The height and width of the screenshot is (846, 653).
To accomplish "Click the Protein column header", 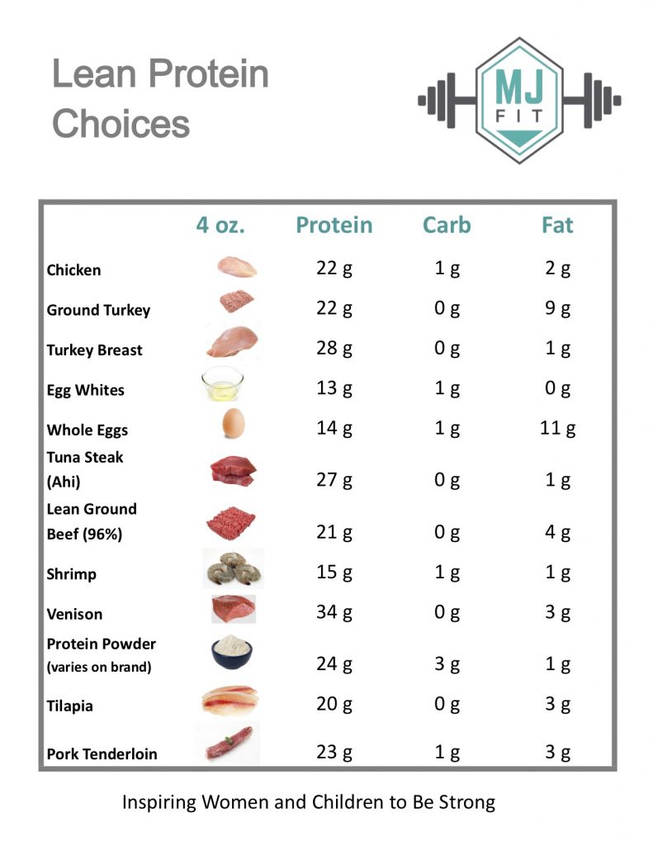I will click(334, 225).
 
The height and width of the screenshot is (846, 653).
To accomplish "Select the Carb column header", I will click(447, 225).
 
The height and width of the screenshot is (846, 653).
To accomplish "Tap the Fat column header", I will click(557, 225).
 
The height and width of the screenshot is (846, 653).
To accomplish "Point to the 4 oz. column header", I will click(220, 225).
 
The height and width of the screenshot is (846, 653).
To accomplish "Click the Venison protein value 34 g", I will click(334, 613).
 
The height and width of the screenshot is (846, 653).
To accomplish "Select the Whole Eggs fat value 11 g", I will click(558, 428).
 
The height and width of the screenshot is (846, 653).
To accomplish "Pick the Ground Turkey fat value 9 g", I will click(558, 309).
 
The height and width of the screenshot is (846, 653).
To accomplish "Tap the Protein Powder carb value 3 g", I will click(447, 664).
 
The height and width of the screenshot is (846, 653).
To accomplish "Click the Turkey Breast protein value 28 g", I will click(334, 349).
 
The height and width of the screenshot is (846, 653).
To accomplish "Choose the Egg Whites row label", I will click(85, 390).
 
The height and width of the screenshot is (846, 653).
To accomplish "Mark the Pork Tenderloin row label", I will click(102, 753).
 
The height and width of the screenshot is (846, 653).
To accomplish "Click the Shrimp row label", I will click(71, 574).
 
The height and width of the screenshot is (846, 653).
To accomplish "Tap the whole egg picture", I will click(234, 425).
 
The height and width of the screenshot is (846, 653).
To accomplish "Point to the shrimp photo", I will click(234, 568).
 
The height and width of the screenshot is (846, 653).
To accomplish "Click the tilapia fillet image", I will click(230, 701).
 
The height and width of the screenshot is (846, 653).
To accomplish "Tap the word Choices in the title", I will click(121, 124).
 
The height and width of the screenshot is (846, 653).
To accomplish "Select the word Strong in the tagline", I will click(468, 801).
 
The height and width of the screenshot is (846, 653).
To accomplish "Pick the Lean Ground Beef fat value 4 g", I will click(558, 532).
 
